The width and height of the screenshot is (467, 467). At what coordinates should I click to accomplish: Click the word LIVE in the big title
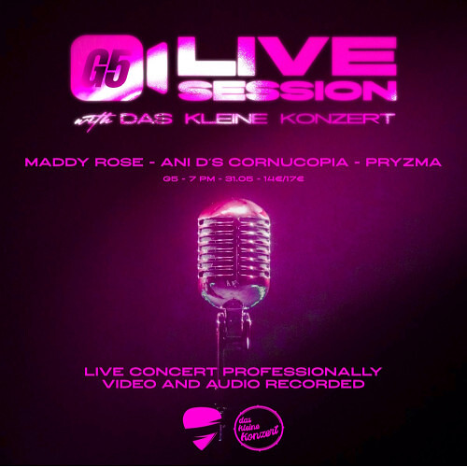[288, 57]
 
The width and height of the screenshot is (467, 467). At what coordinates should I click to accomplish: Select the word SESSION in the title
[288, 91]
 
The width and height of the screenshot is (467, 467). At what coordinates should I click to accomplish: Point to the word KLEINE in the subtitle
[226, 119]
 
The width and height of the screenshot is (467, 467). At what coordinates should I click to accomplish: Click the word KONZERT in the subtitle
[338, 119]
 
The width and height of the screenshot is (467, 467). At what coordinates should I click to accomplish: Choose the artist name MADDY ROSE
[84, 163]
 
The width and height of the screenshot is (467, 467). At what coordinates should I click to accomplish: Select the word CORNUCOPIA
[288, 163]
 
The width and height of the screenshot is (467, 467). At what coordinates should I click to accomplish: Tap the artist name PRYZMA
[403, 163]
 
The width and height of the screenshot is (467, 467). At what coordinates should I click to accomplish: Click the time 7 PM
[205, 179]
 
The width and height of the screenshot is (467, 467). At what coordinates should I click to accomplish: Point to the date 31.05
[240, 179]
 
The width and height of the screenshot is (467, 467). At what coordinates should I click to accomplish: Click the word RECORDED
[315, 384]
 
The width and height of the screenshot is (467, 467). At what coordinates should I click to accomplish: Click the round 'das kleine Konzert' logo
[259, 428]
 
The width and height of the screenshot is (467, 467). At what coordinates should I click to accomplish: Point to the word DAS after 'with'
[146, 119]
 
